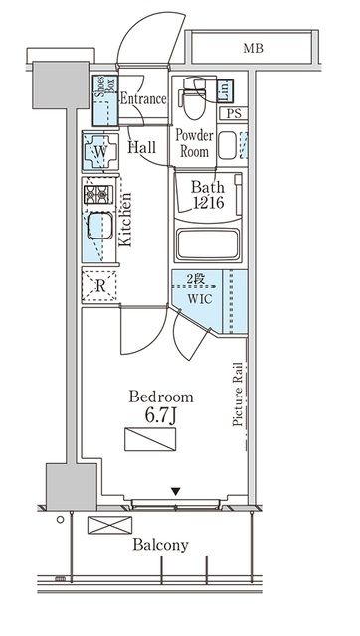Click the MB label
point(253,49)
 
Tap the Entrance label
point(143,99)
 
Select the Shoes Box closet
point(105,100)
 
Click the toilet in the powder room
point(195,98)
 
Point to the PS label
point(234,114)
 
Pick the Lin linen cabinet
point(225,90)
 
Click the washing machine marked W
point(100,152)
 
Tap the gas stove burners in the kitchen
point(98,195)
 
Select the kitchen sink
point(100,226)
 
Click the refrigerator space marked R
point(99,286)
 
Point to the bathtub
point(208,243)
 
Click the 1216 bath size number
point(209,202)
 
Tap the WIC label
point(199,299)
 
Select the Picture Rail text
point(238,394)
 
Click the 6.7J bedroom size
point(161,416)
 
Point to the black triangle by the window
point(175,492)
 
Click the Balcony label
point(161,545)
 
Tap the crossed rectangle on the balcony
point(110,525)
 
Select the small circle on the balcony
point(60,519)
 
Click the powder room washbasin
point(227,145)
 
